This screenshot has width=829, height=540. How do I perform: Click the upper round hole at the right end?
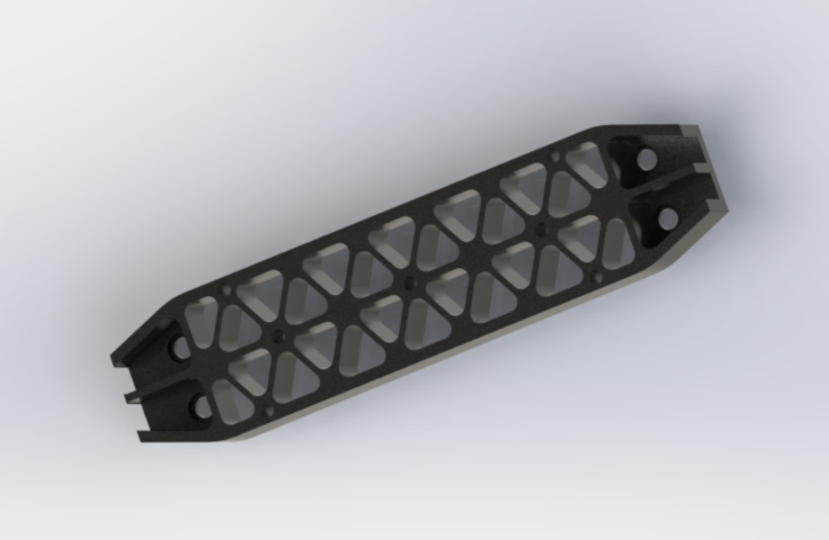[646, 160]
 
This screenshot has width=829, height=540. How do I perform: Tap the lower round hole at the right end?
[667, 218]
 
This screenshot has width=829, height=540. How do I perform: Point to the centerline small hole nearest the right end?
[542, 230]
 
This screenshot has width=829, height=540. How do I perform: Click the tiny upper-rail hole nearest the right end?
[554, 158]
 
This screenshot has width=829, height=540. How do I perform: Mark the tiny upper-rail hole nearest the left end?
[226, 292]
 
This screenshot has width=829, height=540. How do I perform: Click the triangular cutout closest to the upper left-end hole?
[203, 315]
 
